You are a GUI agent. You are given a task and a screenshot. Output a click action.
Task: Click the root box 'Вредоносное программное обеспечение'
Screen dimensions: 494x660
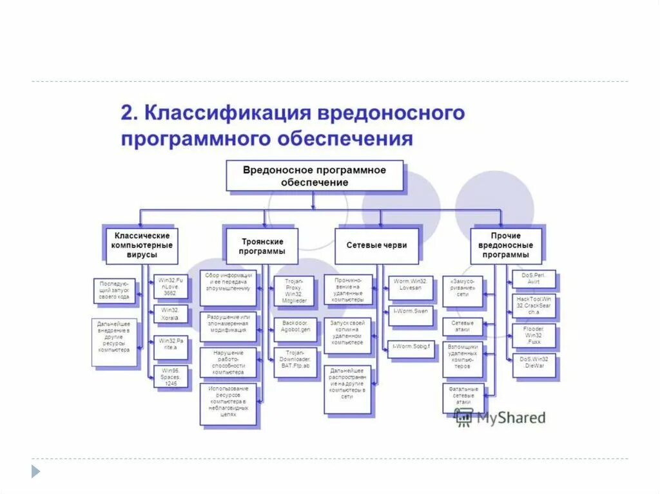click(x=315, y=176)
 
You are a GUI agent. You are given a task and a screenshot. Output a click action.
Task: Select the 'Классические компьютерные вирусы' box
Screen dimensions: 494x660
click(x=142, y=245)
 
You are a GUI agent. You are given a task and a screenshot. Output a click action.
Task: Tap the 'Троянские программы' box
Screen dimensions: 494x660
click(x=262, y=245)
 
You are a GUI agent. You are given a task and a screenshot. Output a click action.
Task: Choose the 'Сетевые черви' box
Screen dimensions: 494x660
click(x=376, y=245)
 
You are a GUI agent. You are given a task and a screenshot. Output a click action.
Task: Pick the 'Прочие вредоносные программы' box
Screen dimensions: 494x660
click(x=506, y=245)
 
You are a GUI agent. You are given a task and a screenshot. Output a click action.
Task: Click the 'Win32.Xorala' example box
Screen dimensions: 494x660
click(x=171, y=314)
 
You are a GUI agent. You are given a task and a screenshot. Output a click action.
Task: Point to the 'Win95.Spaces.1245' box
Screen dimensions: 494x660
click(x=171, y=375)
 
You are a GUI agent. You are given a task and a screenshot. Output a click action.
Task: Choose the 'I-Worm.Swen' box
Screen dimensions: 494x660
click(x=411, y=316)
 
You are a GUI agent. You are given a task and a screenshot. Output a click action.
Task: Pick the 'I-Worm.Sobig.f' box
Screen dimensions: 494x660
click(x=411, y=348)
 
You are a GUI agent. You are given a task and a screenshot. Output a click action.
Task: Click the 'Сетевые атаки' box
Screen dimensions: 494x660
click(x=462, y=326)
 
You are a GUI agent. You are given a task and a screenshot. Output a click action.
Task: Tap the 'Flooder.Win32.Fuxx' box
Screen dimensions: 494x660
click(x=534, y=335)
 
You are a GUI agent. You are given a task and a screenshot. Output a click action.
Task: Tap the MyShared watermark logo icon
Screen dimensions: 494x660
click(x=463, y=417)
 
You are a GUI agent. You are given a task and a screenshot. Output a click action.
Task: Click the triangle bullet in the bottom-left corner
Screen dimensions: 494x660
click(x=35, y=471)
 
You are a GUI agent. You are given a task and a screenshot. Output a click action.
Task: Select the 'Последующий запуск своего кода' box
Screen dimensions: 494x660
click(x=114, y=290)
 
